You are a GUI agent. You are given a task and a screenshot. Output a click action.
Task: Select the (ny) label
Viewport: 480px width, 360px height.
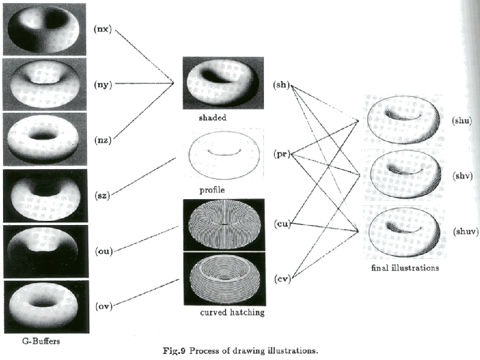pyautogui.click(x=103, y=84)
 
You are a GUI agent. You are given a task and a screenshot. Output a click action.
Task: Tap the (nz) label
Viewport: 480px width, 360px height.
pyautogui.click(x=103, y=140)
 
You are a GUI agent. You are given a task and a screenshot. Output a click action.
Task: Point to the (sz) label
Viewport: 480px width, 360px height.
pyautogui.click(x=103, y=194)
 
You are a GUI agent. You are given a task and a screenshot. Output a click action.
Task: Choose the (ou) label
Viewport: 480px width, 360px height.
pyautogui.click(x=103, y=250)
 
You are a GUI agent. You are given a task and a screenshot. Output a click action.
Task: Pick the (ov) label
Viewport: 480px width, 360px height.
pyautogui.click(x=103, y=306)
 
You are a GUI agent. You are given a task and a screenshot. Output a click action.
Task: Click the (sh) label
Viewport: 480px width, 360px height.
pyautogui.click(x=280, y=85)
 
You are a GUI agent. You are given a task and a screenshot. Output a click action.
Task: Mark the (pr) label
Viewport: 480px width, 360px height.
pyautogui.click(x=280, y=154)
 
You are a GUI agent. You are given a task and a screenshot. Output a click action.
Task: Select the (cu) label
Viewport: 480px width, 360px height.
pyautogui.click(x=280, y=224)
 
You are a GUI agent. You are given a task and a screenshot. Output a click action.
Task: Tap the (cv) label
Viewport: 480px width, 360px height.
pyautogui.click(x=280, y=278)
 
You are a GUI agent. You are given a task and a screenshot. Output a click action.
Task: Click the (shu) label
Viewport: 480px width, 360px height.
pyautogui.click(x=462, y=121)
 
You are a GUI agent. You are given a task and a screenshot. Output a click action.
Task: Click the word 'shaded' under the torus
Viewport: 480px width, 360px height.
pyautogui.click(x=212, y=118)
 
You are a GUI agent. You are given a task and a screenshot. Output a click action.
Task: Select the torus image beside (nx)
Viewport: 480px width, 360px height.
pyautogui.click(x=44, y=29)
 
